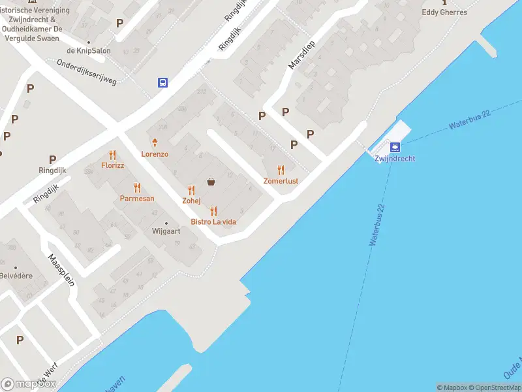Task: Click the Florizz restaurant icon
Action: click(113, 155)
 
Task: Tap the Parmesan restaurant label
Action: click(137, 198)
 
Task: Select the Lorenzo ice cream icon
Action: click(155, 143)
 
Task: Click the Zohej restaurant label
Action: click(191, 201)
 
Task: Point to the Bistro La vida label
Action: click(213, 222)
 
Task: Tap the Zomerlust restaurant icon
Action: click(281, 170)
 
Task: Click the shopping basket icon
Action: click(211, 182)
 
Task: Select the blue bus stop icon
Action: click(162, 82)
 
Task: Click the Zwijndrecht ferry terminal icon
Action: click(395, 147)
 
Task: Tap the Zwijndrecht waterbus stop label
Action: click(395, 159)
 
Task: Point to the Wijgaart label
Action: click(166, 231)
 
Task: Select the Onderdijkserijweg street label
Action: click(86, 72)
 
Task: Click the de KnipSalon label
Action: click(89, 51)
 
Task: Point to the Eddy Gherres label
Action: click(444, 12)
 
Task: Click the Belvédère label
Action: click(16, 276)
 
